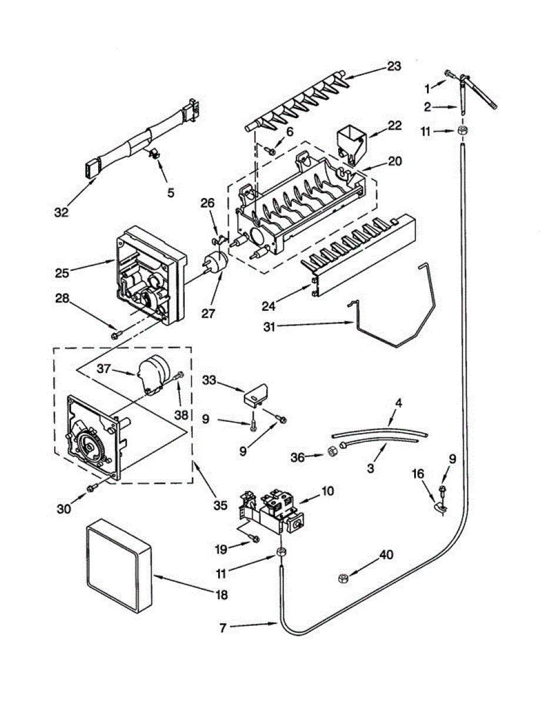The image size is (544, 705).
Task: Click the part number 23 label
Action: (x=393, y=66)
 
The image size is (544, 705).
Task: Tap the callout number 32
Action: (x=61, y=212)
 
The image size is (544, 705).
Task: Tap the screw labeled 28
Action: (x=115, y=335)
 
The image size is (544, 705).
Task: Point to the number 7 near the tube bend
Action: (x=223, y=627)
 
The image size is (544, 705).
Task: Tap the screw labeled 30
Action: (x=92, y=488)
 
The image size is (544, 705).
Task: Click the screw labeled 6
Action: (x=271, y=151)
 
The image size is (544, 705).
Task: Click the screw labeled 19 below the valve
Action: (x=253, y=539)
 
